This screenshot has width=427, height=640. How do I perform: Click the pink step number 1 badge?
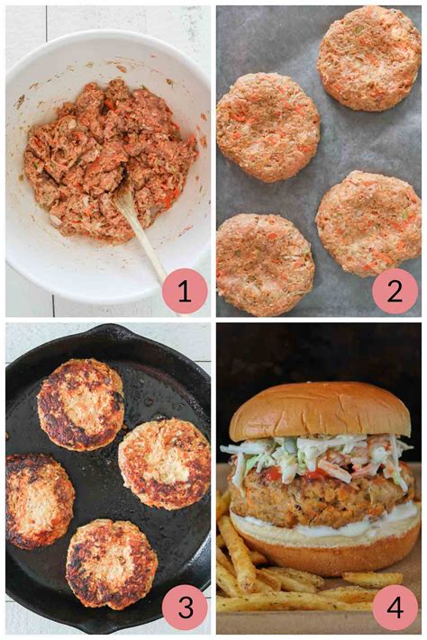point(185,291)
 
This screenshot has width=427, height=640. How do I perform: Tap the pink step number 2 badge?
point(395,291)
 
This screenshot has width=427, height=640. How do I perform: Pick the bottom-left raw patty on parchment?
point(265,263)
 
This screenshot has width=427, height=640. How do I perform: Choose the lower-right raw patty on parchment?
point(368,222)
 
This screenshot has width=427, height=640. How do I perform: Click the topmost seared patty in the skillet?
point(80,404)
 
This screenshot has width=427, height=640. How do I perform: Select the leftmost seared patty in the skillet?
point(38,500)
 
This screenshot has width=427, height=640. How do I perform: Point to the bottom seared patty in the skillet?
point(111,563)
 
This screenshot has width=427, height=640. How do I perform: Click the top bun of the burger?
point(319,412)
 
